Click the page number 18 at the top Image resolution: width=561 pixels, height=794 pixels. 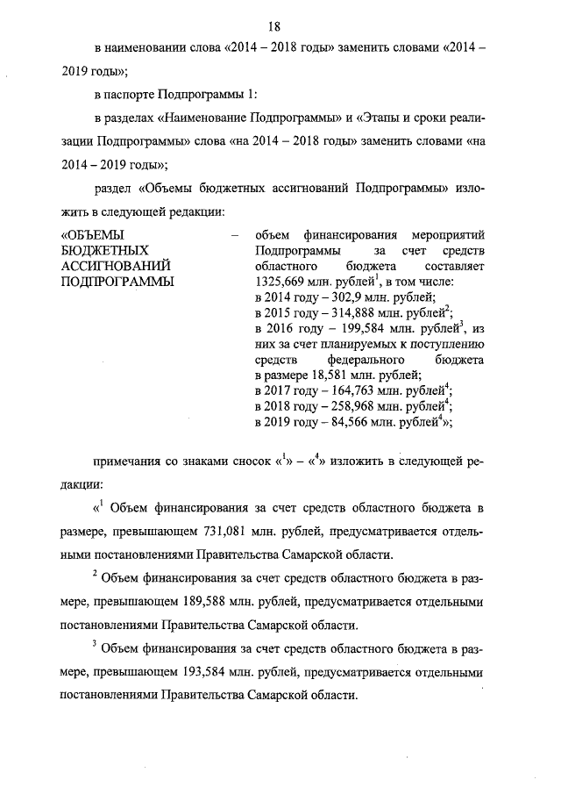click(280, 10)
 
